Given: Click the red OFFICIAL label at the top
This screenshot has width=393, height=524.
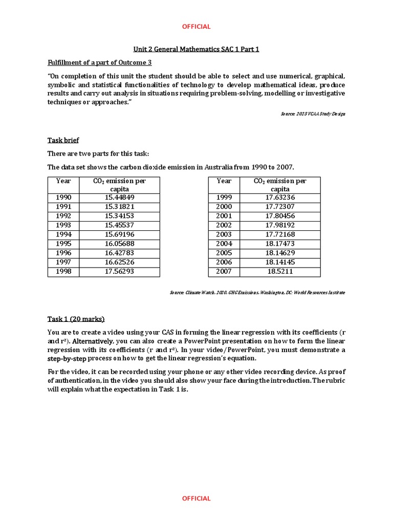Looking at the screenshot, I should click(196, 27).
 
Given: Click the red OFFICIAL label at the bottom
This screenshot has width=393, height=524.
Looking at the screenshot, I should click(196, 498).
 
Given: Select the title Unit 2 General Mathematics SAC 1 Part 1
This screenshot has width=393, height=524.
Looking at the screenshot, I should click(196, 49).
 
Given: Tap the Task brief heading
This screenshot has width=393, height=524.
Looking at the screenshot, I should click(63, 140).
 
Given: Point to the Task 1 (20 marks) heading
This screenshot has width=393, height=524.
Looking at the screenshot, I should click(76, 319).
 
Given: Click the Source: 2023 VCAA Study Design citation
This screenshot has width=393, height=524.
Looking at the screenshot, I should click(313, 114).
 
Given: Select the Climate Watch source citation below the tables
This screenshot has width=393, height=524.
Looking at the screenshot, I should click(257, 293).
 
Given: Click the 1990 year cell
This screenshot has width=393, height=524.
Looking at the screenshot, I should click(63, 198).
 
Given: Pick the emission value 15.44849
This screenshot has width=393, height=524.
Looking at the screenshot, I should click(119, 198).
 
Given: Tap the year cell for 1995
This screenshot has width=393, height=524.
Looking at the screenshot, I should click(63, 244).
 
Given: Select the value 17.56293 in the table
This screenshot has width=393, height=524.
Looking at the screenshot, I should click(119, 271).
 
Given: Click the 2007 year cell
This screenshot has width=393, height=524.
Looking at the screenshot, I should click(224, 271).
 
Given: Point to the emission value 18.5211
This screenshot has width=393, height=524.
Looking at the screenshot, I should click(280, 271).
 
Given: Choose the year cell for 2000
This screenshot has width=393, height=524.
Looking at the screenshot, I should click(224, 207).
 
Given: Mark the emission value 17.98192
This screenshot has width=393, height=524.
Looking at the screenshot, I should click(280, 225).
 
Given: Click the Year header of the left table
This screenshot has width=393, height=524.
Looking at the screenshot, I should click(63, 181).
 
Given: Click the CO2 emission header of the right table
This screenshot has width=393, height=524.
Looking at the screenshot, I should click(280, 185).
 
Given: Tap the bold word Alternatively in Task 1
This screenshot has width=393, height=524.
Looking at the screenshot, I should click(92, 341).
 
